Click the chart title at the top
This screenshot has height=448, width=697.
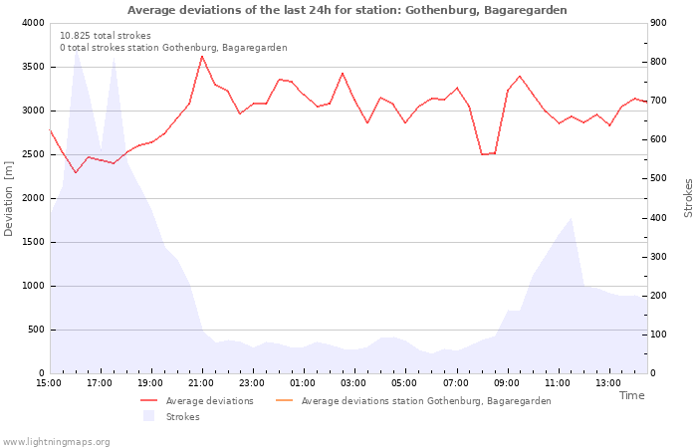[x=348, y=10]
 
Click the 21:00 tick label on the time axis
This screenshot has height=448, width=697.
[x=202, y=382]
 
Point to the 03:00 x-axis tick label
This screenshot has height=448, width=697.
[x=354, y=382]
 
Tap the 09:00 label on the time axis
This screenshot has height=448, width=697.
[x=507, y=382]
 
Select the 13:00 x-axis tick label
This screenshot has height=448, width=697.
[x=608, y=382]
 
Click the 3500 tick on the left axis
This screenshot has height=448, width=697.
[x=31, y=67]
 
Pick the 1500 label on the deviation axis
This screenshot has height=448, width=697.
[x=31, y=242]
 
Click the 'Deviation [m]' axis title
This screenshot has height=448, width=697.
[x=10, y=197]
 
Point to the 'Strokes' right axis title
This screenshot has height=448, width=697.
[x=688, y=197]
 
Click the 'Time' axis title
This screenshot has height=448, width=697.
[x=631, y=395]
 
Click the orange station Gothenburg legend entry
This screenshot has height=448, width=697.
[x=425, y=401]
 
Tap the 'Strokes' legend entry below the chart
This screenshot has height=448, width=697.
[x=182, y=417]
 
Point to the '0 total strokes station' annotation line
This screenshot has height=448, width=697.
[x=173, y=48]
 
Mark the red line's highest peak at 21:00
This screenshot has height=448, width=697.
[x=202, y=56]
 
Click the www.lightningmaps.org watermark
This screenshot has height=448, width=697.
[x=57, y=441]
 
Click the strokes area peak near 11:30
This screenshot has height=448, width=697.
[x=571, y=219]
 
